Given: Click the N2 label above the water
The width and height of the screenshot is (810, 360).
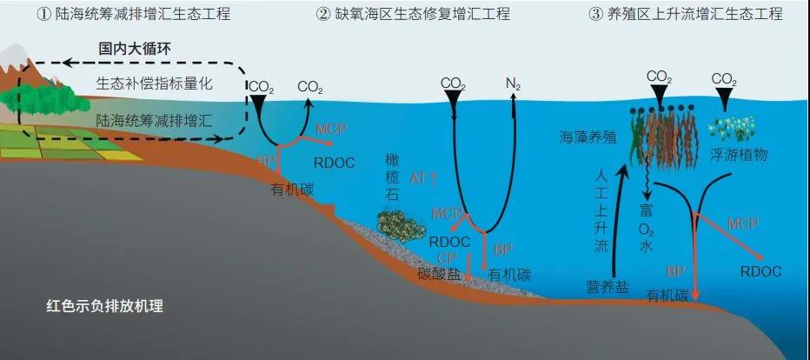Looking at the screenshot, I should [513, 84].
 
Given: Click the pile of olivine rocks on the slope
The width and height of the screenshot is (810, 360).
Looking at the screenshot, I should [402, 226].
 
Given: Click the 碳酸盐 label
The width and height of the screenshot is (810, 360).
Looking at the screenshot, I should [436, 274].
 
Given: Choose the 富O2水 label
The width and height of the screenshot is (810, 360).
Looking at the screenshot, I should [646, 227].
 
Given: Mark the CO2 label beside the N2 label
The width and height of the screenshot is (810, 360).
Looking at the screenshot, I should [452, 84].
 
